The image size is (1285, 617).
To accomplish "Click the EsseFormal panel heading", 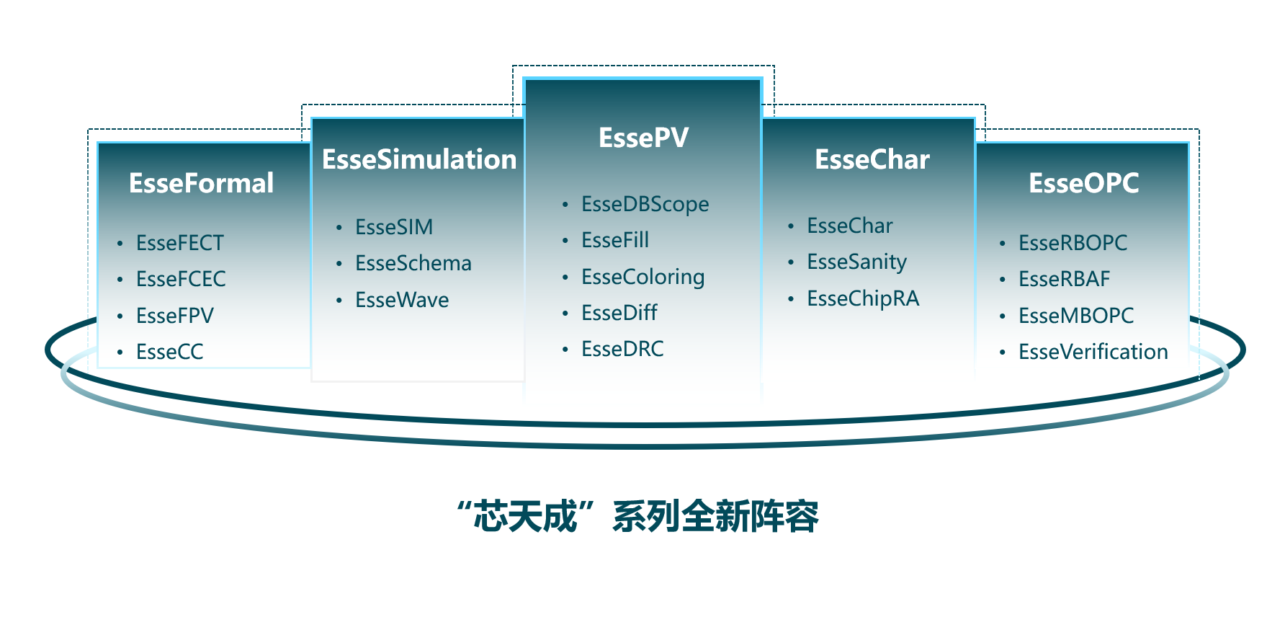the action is pos(202,183).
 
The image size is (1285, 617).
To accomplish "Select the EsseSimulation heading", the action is pos(419,159).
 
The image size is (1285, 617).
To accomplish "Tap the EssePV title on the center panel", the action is pos(643,138).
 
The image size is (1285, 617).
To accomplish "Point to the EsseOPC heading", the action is pos(1083,183).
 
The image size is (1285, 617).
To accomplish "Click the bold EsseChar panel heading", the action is pos(872,159).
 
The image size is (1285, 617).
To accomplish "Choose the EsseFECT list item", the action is pos(180,243).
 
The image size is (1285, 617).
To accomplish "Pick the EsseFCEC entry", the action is pos(181,279).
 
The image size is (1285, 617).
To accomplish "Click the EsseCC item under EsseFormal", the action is pos(170,352).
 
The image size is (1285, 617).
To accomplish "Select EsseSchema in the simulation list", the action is pos(413,263).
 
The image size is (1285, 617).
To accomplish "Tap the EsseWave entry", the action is pos(402,300).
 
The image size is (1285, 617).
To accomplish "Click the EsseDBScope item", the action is pos(645,205).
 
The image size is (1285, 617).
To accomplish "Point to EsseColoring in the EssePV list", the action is pos(643,278).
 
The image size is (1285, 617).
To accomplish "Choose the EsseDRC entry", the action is pos(622,349).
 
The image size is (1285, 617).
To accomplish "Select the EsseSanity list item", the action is pos(857,262).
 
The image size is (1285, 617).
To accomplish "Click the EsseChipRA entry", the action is pos(863,299).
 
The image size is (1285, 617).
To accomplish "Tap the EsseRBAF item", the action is pos(1065,279).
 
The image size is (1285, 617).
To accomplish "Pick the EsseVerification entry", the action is pos(1093,352).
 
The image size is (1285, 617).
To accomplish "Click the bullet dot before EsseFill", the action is pos(565,241).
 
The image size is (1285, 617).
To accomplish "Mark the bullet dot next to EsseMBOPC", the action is pos(1002,316).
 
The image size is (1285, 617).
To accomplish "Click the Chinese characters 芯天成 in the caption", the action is pos(526,516).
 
